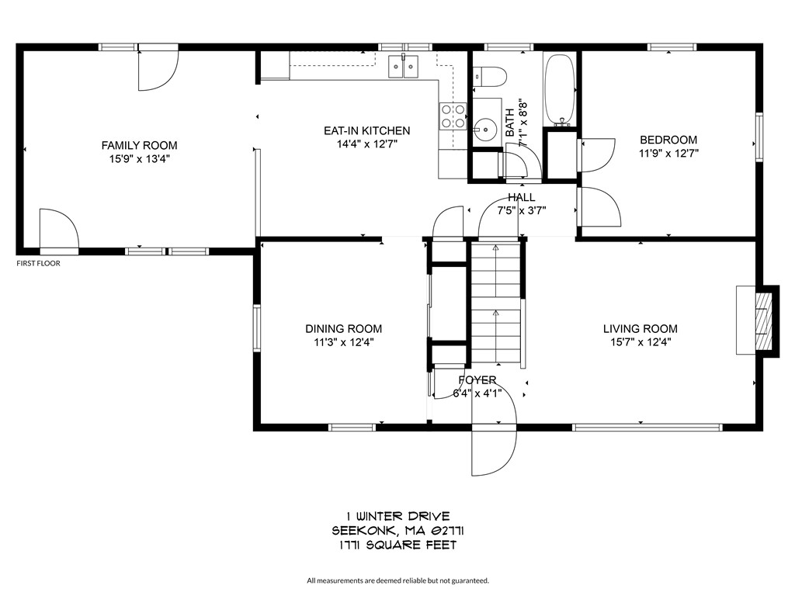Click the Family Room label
tap(139, 145)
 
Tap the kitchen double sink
tap(403, 68)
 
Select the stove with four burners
tap(453, 116)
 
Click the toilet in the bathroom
tap(489, 76)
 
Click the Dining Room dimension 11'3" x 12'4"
tap(343, 342)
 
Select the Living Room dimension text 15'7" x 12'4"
tap(640, 342)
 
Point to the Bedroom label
tap(668, 140)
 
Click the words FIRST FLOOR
tap(38, 263)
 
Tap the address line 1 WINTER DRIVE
tap(397, 516)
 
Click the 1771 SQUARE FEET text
tap(397, 545)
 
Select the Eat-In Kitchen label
tap(366, 130)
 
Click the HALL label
tap(522, 197)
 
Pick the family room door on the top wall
tap(158, 68)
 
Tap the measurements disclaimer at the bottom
tap(397, 580)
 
